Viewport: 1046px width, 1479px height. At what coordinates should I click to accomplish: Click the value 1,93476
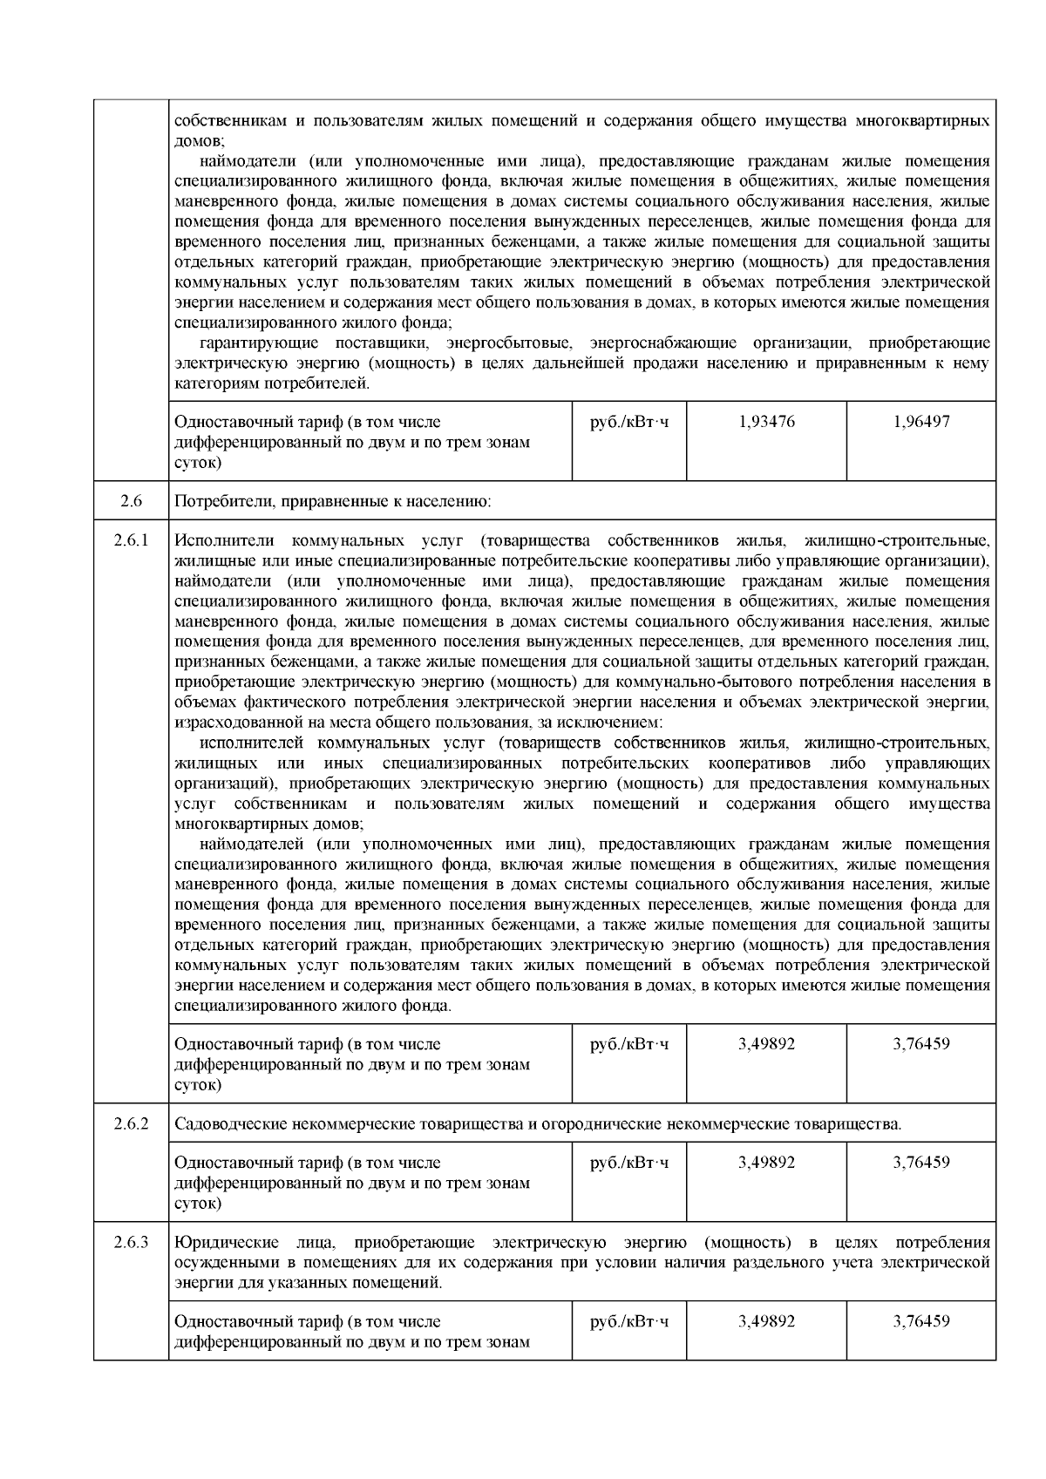[x=765, y=422]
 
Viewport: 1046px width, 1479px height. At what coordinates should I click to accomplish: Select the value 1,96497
[x=921, y=422]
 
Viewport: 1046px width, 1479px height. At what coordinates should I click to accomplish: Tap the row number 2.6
[x=131, y=501]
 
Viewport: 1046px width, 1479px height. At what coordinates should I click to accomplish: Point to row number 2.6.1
[x=131, y=540]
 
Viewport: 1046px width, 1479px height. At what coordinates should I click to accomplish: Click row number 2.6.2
[x=131, y=1123]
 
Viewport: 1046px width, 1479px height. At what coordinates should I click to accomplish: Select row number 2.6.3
[x=131, y=1243]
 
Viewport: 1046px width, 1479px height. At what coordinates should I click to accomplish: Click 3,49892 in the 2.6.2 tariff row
[x=765, y=1163]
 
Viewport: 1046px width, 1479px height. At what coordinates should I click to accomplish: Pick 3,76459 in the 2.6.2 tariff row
[x=921, y=1163]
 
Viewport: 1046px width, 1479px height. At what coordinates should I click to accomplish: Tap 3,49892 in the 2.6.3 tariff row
[x=765, y=1321]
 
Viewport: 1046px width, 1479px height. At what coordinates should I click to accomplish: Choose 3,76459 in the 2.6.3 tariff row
[x=921, y=1321]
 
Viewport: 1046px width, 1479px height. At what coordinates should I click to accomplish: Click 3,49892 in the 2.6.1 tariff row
[x=765, y=1044]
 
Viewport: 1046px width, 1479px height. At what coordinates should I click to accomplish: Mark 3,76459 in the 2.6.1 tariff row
[x=921, y=1044]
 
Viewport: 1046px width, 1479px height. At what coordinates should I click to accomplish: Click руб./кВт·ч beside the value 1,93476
[x=629, y=422]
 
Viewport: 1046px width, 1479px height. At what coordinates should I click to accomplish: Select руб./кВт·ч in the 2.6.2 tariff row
[x=629, y=1163]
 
